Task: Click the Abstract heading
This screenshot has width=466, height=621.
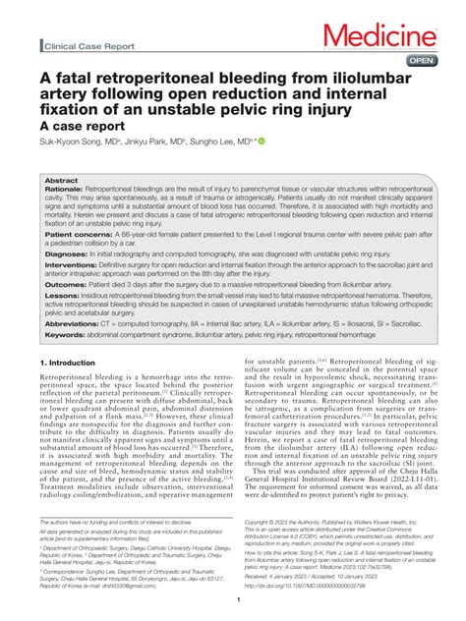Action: (x=61, y=181)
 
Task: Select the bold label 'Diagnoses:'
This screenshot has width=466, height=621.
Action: (x=66, y=253)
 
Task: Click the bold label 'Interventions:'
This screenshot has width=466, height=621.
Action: (x=72, y=264)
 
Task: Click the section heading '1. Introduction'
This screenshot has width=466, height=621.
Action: (x=70, y=363)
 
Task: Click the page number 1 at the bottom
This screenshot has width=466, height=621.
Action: (x=233, y=599)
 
